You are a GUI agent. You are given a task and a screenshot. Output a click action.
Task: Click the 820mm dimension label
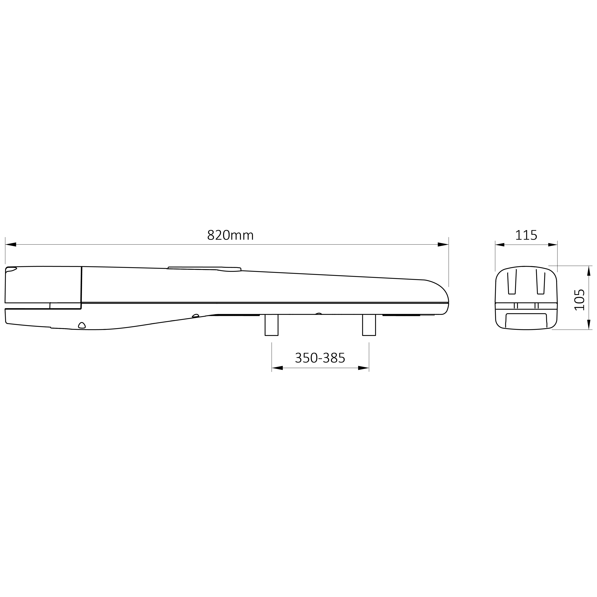pos(230,235)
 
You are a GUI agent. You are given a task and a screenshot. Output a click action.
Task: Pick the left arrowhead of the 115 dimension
pos(500,245)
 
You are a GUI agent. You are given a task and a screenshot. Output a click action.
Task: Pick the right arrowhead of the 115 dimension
pos(553,245)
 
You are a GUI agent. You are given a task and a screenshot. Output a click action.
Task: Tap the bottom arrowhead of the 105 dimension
pos(589,324)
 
